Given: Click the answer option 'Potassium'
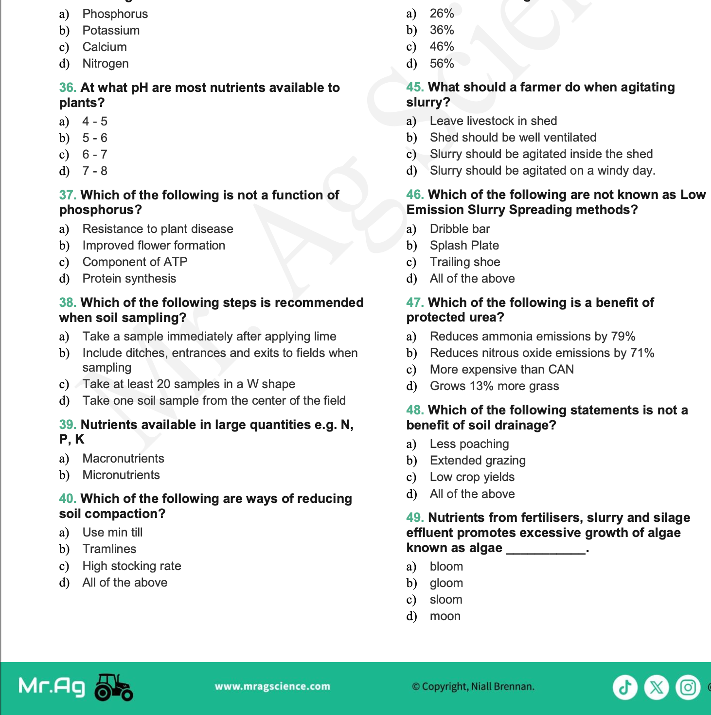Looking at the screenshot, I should pos(111,31).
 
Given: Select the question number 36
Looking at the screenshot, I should pos(68,88).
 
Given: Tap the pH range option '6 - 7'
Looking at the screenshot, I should pos(94,155).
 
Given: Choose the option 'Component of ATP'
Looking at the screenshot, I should pos(135,262).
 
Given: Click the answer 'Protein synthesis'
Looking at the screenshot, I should pos(129,279).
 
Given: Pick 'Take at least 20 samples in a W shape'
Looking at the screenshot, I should pos(189,384).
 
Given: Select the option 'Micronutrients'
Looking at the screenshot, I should pos(121,475).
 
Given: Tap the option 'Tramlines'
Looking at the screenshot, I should pos(109,549).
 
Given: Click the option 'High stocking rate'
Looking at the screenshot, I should pos(132,566).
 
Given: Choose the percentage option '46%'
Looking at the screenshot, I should pos(442,47).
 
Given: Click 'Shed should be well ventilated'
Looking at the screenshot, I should pos(513,138).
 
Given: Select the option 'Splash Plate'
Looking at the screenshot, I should pos(464,246).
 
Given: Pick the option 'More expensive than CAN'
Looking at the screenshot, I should pos(501,370).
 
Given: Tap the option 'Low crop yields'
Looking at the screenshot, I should pos(472,477).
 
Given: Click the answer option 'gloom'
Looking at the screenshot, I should pos(446,583).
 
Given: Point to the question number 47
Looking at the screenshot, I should pos(415,303).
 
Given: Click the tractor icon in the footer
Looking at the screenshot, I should pos(113,687).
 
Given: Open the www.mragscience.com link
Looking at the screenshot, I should pos(272,686).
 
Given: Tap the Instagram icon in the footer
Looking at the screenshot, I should pos(688,687).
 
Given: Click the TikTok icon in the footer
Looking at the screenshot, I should pos(625,687).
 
